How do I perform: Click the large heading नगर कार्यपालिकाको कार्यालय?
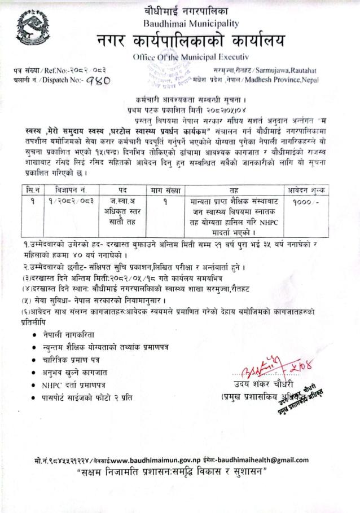click(191, 42)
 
